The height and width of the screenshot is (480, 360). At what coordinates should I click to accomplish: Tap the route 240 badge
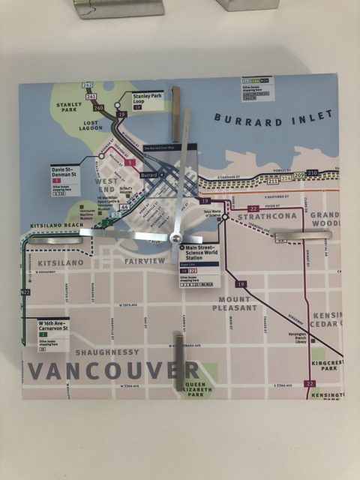click(x=98, y=107)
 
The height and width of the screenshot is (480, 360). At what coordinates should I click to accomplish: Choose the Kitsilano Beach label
click(x=54, y=225)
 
